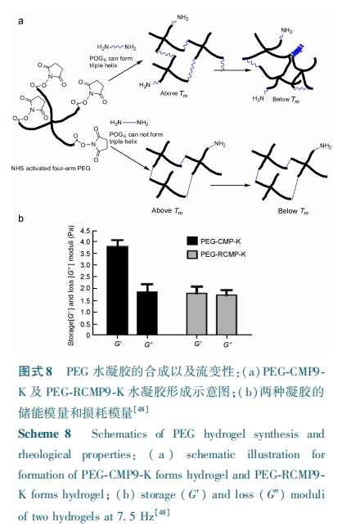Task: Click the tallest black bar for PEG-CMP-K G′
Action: click(x=117, y=290)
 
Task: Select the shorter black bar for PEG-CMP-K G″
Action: click(x=147, y=313)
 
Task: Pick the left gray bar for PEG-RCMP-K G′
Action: click(x=196, y=314)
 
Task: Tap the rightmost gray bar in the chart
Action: click(x=227, y=315)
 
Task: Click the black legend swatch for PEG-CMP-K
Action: click(x=192, y=241)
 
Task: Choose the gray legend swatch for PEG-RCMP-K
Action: click(x=192, y=254)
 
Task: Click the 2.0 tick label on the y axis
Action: click(x=85, y=289)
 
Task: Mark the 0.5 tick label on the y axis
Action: click(x=85, y=324)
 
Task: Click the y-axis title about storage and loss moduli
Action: click(x=71, y=286)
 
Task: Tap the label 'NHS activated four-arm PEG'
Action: click(x=51, y=169)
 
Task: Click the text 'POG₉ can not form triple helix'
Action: click(x=136, y=137)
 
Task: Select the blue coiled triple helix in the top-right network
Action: click(x=297, y=51)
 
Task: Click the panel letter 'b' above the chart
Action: click(x=21, y=218)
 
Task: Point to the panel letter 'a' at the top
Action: click(x=21, y=21)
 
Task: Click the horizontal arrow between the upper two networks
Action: click(x=232, y=70)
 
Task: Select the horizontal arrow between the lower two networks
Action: click(x=230, y=185)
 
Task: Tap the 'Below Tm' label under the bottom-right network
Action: click(x=293, y=211)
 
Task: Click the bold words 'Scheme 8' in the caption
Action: click(x=44, y=434)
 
